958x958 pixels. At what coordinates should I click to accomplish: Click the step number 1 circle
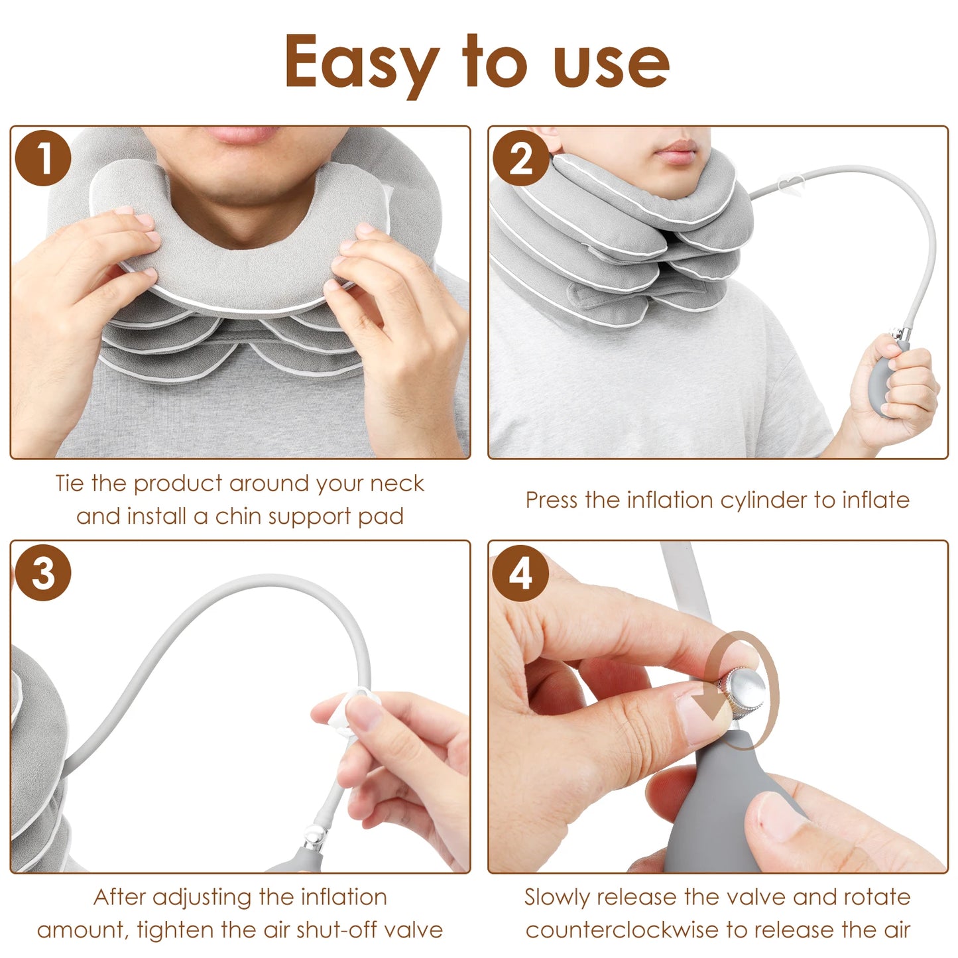tap(43, 158)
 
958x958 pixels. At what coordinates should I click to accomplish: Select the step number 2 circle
tap(521, 158)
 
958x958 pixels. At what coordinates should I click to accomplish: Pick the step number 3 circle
tap(43, 573)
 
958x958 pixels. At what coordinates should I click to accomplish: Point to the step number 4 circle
tap(521, 573)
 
